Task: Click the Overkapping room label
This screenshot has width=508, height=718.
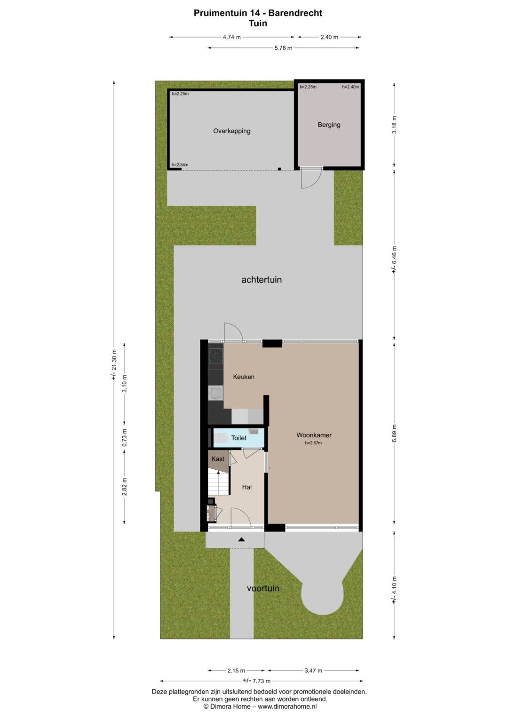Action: (231, 131)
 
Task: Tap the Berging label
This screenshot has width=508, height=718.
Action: (329, 125)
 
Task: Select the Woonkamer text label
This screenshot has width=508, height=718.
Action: (314, 435)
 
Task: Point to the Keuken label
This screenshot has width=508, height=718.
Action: (244, 377)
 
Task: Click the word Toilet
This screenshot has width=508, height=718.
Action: (238, 438)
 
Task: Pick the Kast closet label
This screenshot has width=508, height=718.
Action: (217, 459)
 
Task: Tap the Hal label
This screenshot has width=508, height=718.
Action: (246, 487)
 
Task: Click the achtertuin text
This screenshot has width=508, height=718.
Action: (262, 280)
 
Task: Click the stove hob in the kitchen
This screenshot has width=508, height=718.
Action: (215, 356)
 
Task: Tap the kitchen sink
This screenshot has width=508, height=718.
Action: (215, 393)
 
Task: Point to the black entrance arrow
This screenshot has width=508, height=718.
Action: (241, 539)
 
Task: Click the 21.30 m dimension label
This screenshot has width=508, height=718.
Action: (114, 364)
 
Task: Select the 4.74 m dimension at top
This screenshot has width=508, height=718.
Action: (231, 37)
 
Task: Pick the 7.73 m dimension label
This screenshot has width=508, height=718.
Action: (256, 681)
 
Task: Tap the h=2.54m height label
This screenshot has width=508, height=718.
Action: (180, 165)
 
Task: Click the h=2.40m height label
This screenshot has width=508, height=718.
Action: (350, 87)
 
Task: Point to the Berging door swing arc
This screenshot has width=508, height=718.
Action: (316, 183)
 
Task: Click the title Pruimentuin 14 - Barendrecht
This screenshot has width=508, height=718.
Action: (258, 13)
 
